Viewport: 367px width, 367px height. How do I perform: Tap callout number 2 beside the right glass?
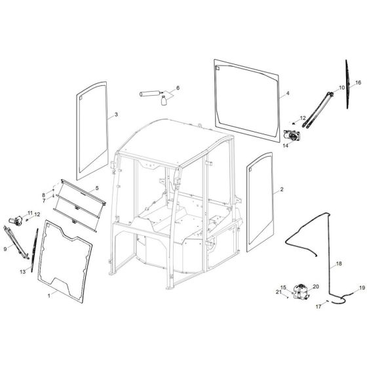282,190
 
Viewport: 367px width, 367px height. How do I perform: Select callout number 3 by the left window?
116,115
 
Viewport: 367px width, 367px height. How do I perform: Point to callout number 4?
286,94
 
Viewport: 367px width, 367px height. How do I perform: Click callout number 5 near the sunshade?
96,188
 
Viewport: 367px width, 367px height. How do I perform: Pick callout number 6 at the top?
176,88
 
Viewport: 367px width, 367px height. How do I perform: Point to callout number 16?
358,83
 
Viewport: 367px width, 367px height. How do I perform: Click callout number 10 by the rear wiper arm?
341,87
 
